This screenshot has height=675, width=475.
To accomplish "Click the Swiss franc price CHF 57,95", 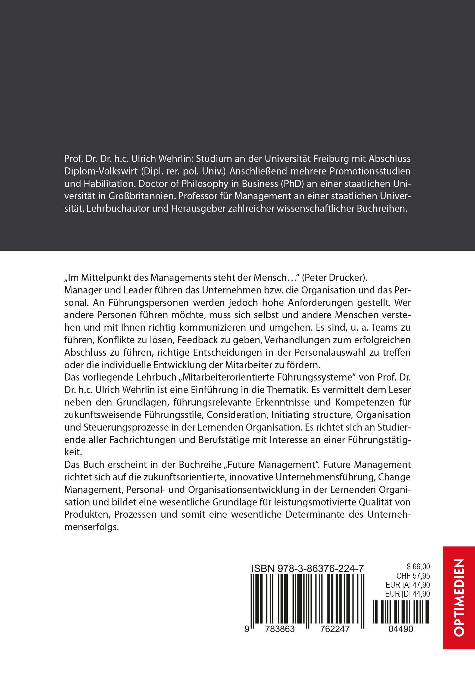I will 413,576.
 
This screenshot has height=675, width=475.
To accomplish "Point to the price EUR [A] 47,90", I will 408,585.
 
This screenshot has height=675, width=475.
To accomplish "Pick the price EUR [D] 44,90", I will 408,594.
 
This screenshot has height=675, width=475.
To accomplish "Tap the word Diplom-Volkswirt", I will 101,171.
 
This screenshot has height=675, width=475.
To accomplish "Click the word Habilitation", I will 108,183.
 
